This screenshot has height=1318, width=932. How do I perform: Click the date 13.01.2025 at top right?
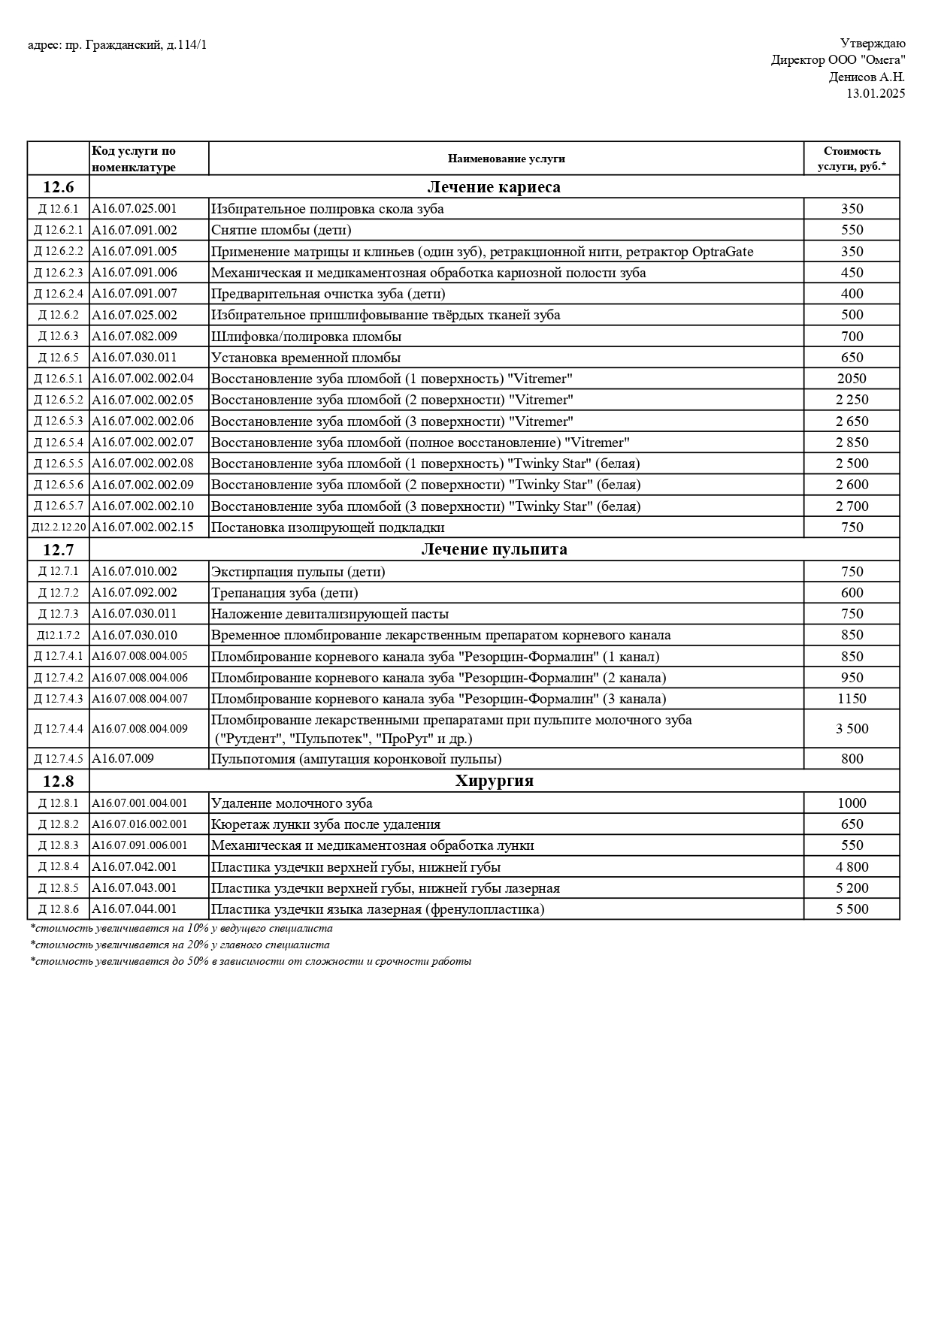(876, 94)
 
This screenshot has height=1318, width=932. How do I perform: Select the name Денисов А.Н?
(867, 77)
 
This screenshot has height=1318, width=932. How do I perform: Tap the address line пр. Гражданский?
(117, 45)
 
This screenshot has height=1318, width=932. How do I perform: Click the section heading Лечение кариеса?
(494, 187)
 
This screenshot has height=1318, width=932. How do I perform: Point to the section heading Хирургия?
(494, 781)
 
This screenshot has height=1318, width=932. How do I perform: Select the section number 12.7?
(58, 549)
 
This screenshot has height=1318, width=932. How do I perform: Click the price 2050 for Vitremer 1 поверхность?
(852, 379)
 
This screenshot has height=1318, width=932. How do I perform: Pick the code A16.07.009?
(123, 759)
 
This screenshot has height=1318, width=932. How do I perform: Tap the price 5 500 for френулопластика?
(852, 909)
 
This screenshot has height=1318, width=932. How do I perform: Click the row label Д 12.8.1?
(58, 803)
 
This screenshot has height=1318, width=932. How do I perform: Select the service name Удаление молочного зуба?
(292, 803)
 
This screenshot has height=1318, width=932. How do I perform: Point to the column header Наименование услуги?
(506, 159)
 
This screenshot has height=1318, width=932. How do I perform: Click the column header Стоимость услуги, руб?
(852, 159)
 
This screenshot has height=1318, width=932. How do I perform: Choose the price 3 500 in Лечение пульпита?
(852, 729)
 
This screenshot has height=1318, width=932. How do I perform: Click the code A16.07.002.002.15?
(143, 528)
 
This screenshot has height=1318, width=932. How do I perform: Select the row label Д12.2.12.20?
(59, 528)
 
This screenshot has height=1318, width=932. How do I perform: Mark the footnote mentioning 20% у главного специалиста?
(180, 945)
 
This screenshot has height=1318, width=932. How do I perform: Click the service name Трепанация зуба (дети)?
(284, 593)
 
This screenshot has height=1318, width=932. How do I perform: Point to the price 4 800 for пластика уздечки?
(852, 867)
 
